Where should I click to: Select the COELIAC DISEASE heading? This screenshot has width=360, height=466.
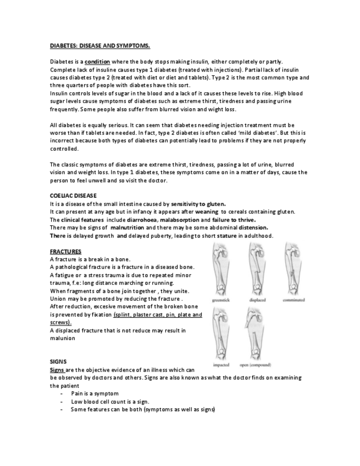point(73,195)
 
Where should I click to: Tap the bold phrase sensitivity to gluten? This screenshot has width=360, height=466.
point(198,204)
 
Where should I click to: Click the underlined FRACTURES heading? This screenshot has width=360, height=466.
point(66,251)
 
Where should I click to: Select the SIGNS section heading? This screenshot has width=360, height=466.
point(58,362)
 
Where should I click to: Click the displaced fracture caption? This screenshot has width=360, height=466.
point(258,301)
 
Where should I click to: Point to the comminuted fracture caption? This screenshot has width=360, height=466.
point(294,301)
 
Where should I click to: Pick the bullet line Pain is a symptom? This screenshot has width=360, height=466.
point(91,393)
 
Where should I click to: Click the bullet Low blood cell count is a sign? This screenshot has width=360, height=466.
point(110,402)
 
